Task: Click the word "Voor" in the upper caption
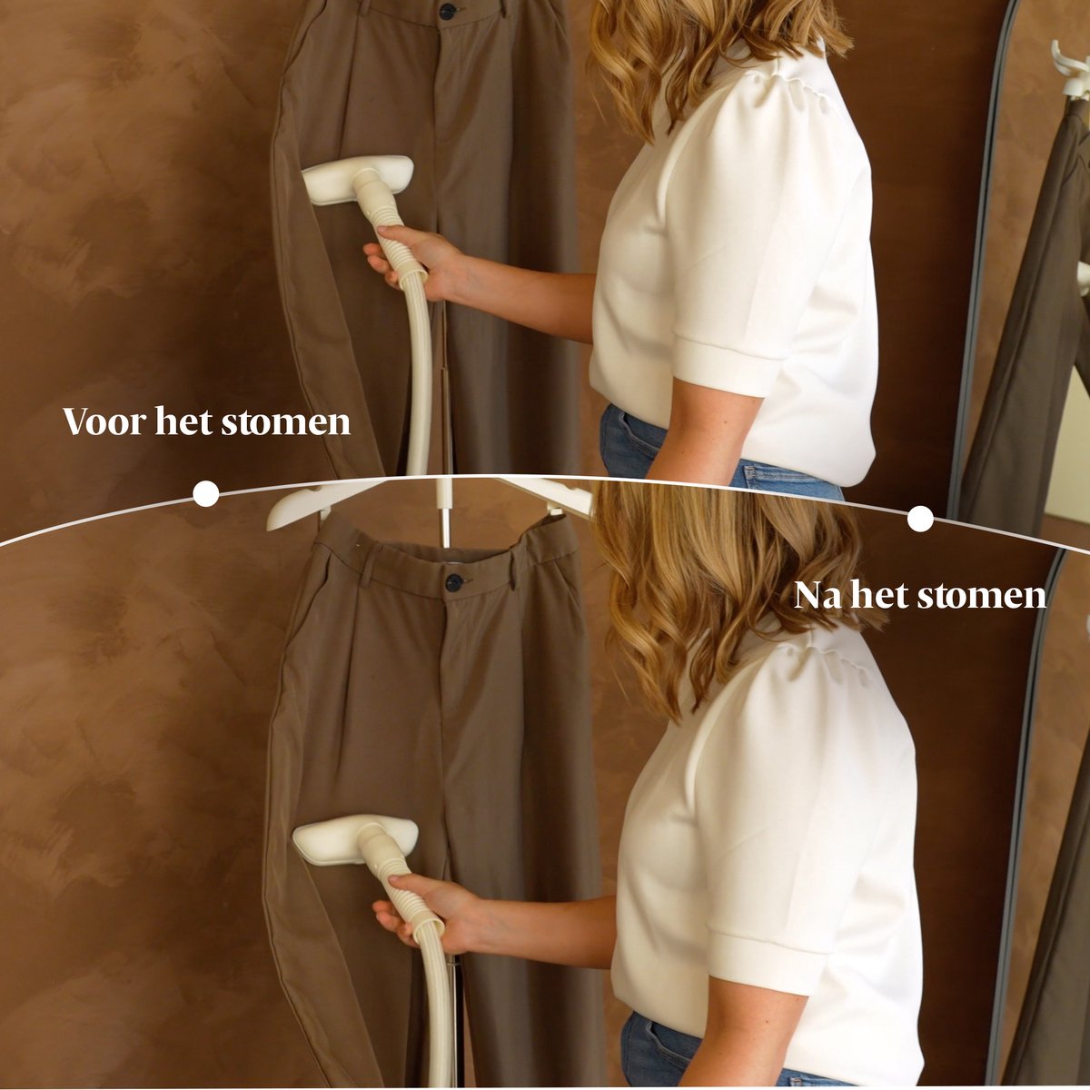[x=104, y=421]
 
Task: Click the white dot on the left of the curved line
[x=206, y=494]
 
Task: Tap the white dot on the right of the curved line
[x=920, y=519]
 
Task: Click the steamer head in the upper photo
[x=358, y=179]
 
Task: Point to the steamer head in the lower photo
[x=355, y=847]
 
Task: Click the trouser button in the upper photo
[x=448, y=11]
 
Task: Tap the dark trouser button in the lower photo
[x=454, y=582]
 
